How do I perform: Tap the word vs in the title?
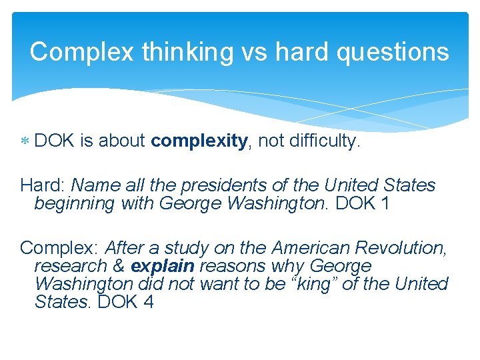click(253, 51)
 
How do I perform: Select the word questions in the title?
click(393, 51)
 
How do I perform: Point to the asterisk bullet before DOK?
click(24, 142)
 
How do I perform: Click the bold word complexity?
click(199, 141)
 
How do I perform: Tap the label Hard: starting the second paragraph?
click(43, 185)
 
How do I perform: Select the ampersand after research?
click(119, 266)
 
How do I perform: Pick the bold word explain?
click(163, 266)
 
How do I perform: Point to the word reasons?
click(230, 266)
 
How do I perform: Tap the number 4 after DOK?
click(147, 302)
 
